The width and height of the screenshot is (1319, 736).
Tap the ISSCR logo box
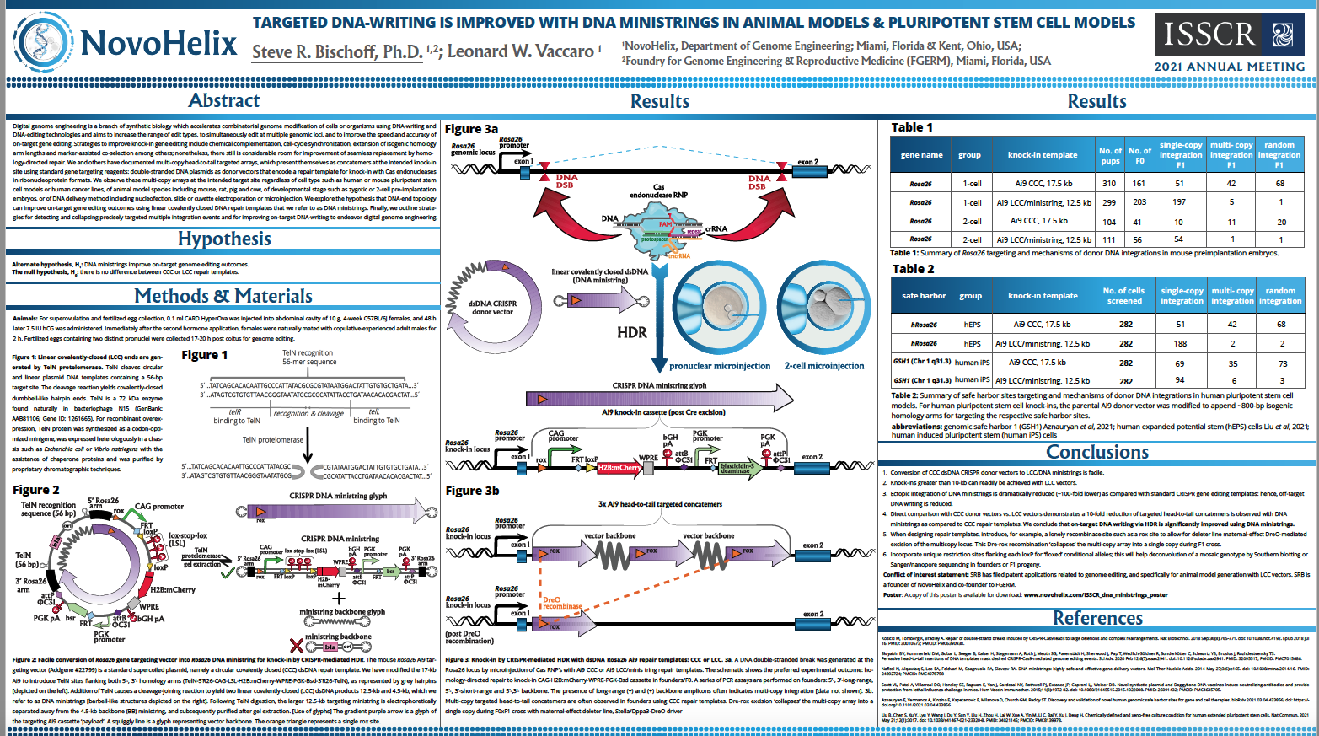point(1230,35)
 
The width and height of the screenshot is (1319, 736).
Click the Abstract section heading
point(223,100)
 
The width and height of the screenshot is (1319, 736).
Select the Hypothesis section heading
point(224,239)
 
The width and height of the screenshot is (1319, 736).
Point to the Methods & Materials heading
point(223,296)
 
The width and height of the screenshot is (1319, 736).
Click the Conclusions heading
point(1096,452)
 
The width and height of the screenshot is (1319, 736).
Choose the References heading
point(1096,618)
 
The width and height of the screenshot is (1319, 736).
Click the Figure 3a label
point(471,129)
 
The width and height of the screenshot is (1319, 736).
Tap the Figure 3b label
point(472,491)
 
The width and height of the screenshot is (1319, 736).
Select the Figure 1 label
point(205,355)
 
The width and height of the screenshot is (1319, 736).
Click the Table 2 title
point(913,269)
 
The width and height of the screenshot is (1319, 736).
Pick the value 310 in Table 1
point(1109,183)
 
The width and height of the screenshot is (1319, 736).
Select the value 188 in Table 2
point(1180,343)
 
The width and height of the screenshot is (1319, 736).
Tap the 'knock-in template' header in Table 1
point(1042,155)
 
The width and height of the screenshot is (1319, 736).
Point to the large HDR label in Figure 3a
point(632,332)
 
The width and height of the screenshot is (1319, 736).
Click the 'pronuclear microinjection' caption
point(720,366)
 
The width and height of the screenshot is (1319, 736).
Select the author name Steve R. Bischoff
point(337,52)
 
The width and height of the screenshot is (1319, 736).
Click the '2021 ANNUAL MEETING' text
point(1229,67)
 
